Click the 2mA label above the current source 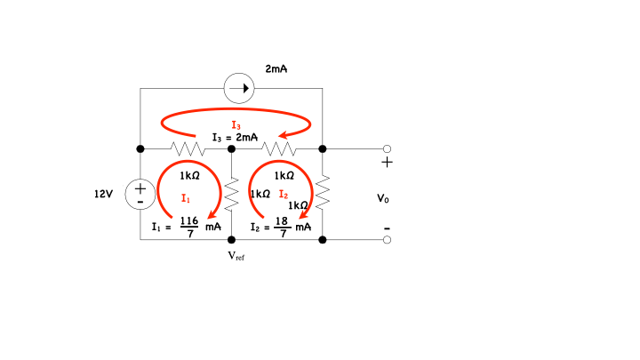click(x=276, y=68)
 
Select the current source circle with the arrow click(x=238, y=89)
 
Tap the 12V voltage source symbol click(x=140, y=193)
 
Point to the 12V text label click(x=104, y=193)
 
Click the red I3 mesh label click(x=235, y=125)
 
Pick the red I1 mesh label click(x=185, y=196)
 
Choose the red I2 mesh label click(x=284, y=194)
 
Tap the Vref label click(x=236, y=256)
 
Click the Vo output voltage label click(x=382, y=198)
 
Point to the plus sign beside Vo click(x=387, y=164)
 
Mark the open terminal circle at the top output click(x=387, y=148)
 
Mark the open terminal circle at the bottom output click(x=387, y=240)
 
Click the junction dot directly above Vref click(x=231, y=240)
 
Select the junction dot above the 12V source click(x=140, y=148)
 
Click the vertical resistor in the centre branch click(x=231, y=193)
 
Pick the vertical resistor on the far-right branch click(x=323, y=191)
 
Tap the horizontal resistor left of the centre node click(x=187, y=148)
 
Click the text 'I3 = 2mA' click(x=235, y=138)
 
